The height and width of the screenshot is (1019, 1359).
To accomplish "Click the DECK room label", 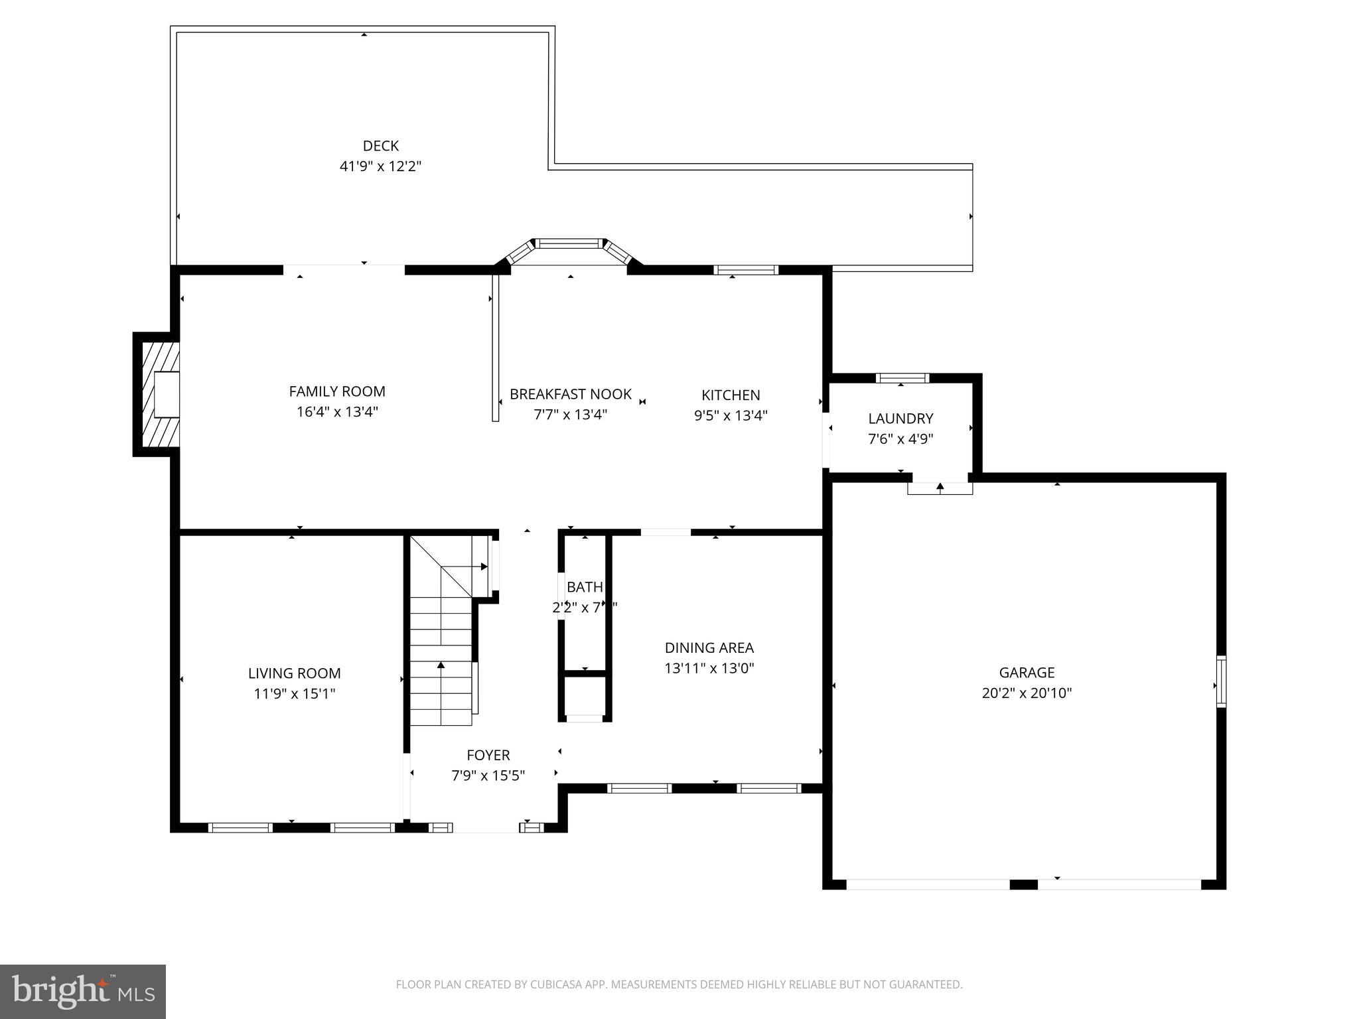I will tap(380, 146).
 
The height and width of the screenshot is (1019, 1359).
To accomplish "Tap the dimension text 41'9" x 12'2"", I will tap(380, 167).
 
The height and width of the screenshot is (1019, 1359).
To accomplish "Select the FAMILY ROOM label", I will tap(337, 391).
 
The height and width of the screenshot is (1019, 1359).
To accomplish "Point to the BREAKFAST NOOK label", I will tap(570, 394).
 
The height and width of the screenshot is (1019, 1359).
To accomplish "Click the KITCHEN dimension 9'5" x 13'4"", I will tap(731, 415).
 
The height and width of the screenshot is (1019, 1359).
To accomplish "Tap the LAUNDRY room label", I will tap(900, 419).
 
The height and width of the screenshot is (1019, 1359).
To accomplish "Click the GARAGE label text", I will tap(1027, 673).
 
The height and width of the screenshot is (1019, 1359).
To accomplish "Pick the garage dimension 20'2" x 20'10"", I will tap(1027, 693).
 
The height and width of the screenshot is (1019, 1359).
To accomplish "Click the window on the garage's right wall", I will tap(1221, 681).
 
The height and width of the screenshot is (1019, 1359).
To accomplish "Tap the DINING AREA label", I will tap(709, 647).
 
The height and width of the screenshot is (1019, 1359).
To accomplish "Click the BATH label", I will tap(585, 587).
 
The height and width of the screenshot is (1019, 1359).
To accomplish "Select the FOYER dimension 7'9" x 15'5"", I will tap(488, 776).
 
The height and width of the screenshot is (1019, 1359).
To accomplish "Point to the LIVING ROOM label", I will tap(294, 673).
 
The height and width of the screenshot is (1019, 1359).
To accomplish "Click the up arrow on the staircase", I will tap(441, 665).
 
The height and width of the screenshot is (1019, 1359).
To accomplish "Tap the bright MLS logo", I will tap(82, 991).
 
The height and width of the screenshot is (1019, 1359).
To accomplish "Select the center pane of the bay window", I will tap(569, 244).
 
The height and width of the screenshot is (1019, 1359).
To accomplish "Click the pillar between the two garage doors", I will tap(1023, 884).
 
